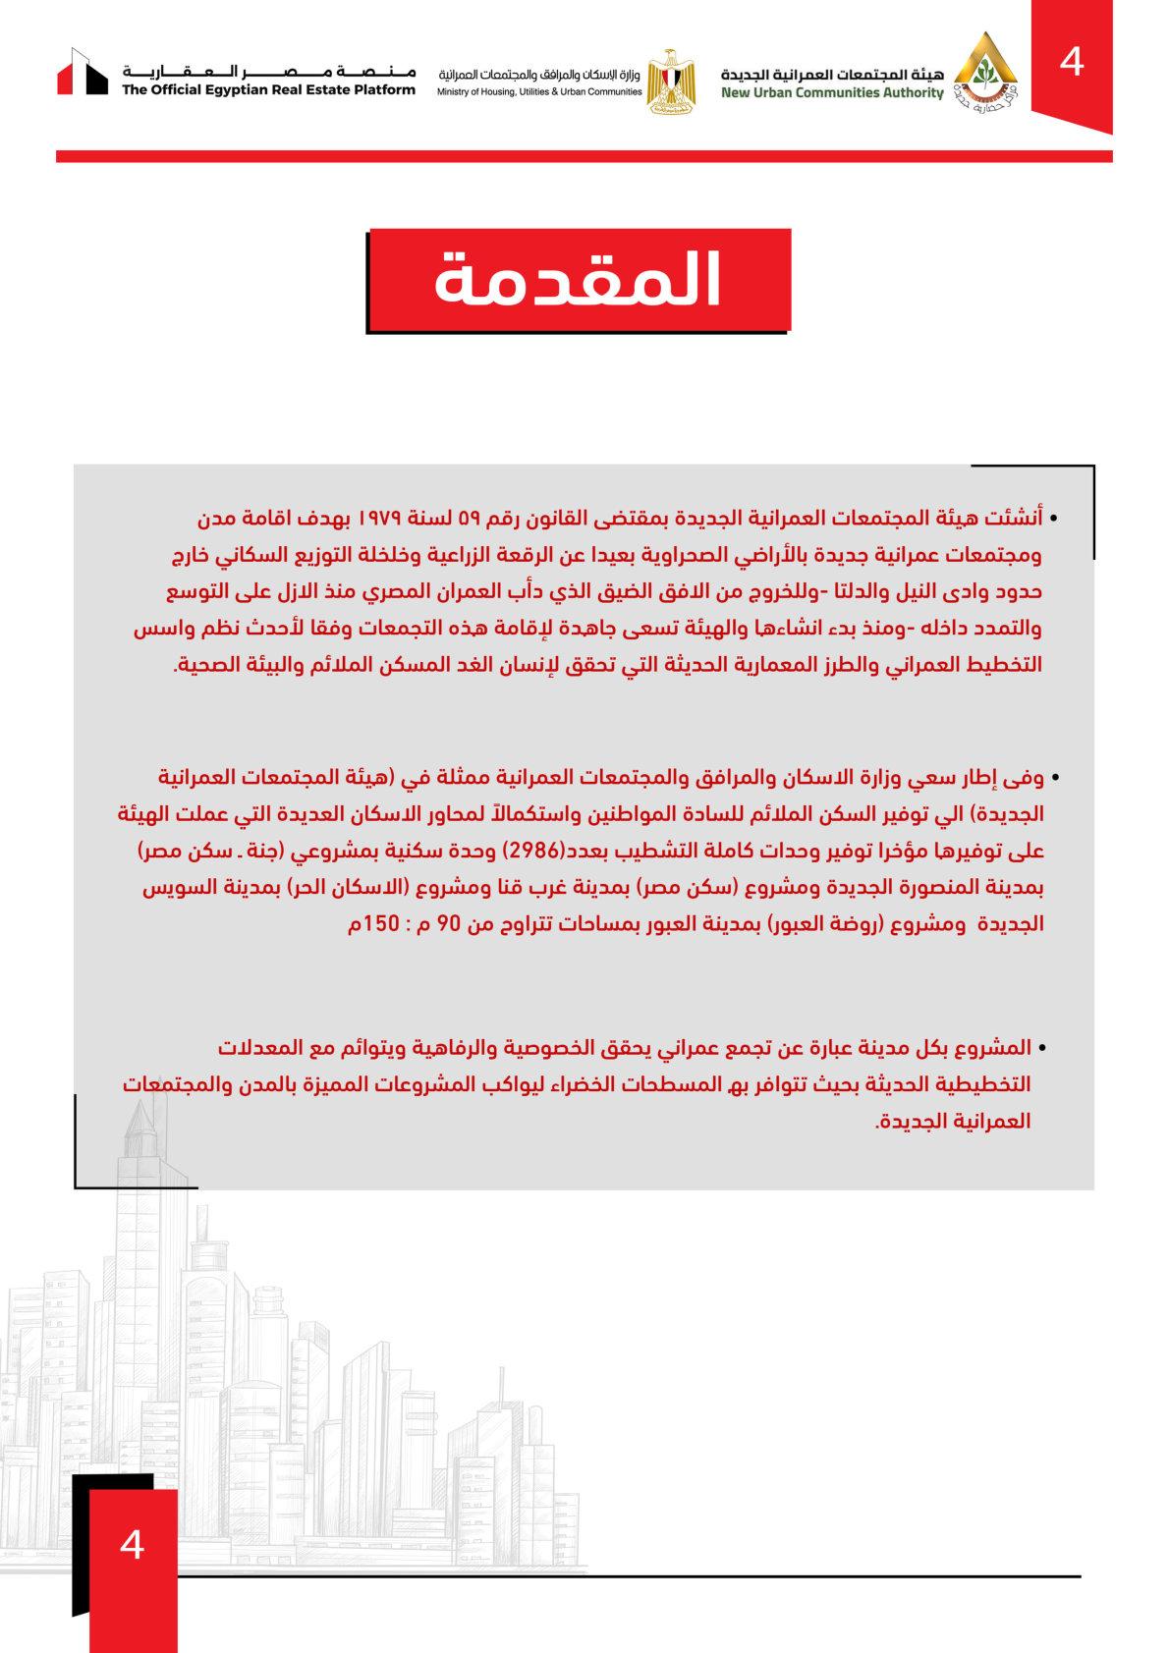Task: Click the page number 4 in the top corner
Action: [x=1072, y=62]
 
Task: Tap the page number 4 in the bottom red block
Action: [x=132, y=1544]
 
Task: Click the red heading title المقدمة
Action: [x=579, y=280]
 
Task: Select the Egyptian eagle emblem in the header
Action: [x=671, y=82]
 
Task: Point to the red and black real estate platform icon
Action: [x=82, y=73]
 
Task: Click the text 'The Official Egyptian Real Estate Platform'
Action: [x=268, y=90]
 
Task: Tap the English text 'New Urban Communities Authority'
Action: [x=831, y=93]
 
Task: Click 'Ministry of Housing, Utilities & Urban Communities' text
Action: [x=539, y=91]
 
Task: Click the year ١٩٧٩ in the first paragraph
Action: [x=387, y=518]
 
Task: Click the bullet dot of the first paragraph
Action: [x=1054, y=518]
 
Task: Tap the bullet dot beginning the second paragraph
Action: [x=1054, y=778]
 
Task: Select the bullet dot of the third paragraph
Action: [x=1042, y=1050]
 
